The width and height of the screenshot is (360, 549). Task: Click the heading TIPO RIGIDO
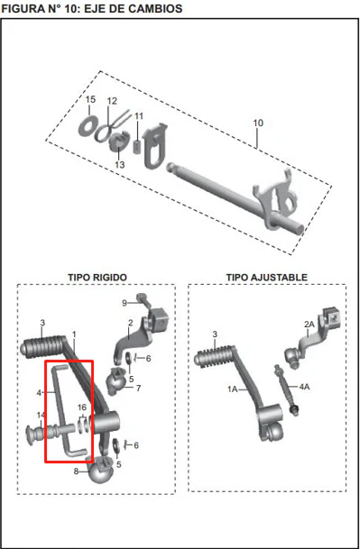pos(97,278)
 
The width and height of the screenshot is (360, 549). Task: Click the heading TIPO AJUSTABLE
pos(266,278)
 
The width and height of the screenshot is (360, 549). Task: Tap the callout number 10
pos(258,124)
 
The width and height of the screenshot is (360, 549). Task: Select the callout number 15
pos(90,99)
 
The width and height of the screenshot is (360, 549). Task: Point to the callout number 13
pos(120,164)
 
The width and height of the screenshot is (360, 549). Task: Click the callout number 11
pos(139,116)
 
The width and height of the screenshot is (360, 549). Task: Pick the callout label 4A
pos(305,387)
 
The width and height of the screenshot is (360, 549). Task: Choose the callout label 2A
pos(309,325)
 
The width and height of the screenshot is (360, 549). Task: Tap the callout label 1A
pos(233,389)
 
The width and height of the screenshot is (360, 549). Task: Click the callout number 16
pos(82,407)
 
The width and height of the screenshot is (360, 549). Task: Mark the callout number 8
pos(76,471)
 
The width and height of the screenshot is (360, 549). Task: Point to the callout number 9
pos(125,303)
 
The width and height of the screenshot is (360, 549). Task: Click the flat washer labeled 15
pos(87,124)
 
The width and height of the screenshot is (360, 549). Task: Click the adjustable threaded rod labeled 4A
pos(287,389)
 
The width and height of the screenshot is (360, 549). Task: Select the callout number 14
pos(41,416)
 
